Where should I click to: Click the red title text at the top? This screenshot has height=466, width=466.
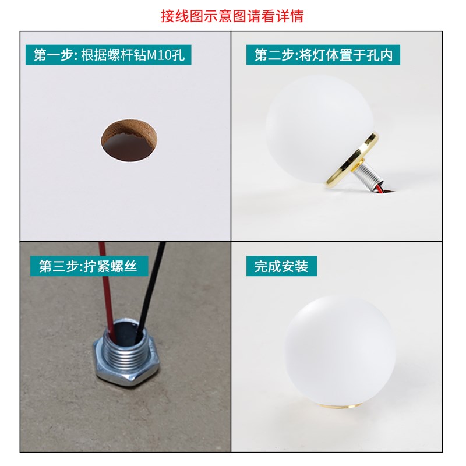[232, 16]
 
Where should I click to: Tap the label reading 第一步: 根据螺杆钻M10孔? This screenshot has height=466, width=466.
[109, 55]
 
